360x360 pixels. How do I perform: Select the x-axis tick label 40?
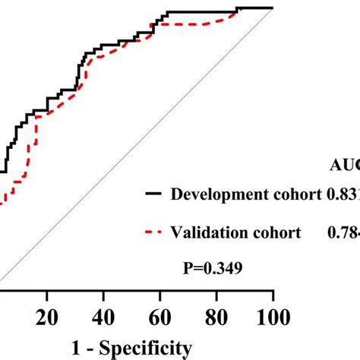pos(103,315)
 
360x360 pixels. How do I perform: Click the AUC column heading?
pos(345,161)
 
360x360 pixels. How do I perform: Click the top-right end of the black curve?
pos(271,8)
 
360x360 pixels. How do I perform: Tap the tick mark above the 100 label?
pos(272,295)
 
